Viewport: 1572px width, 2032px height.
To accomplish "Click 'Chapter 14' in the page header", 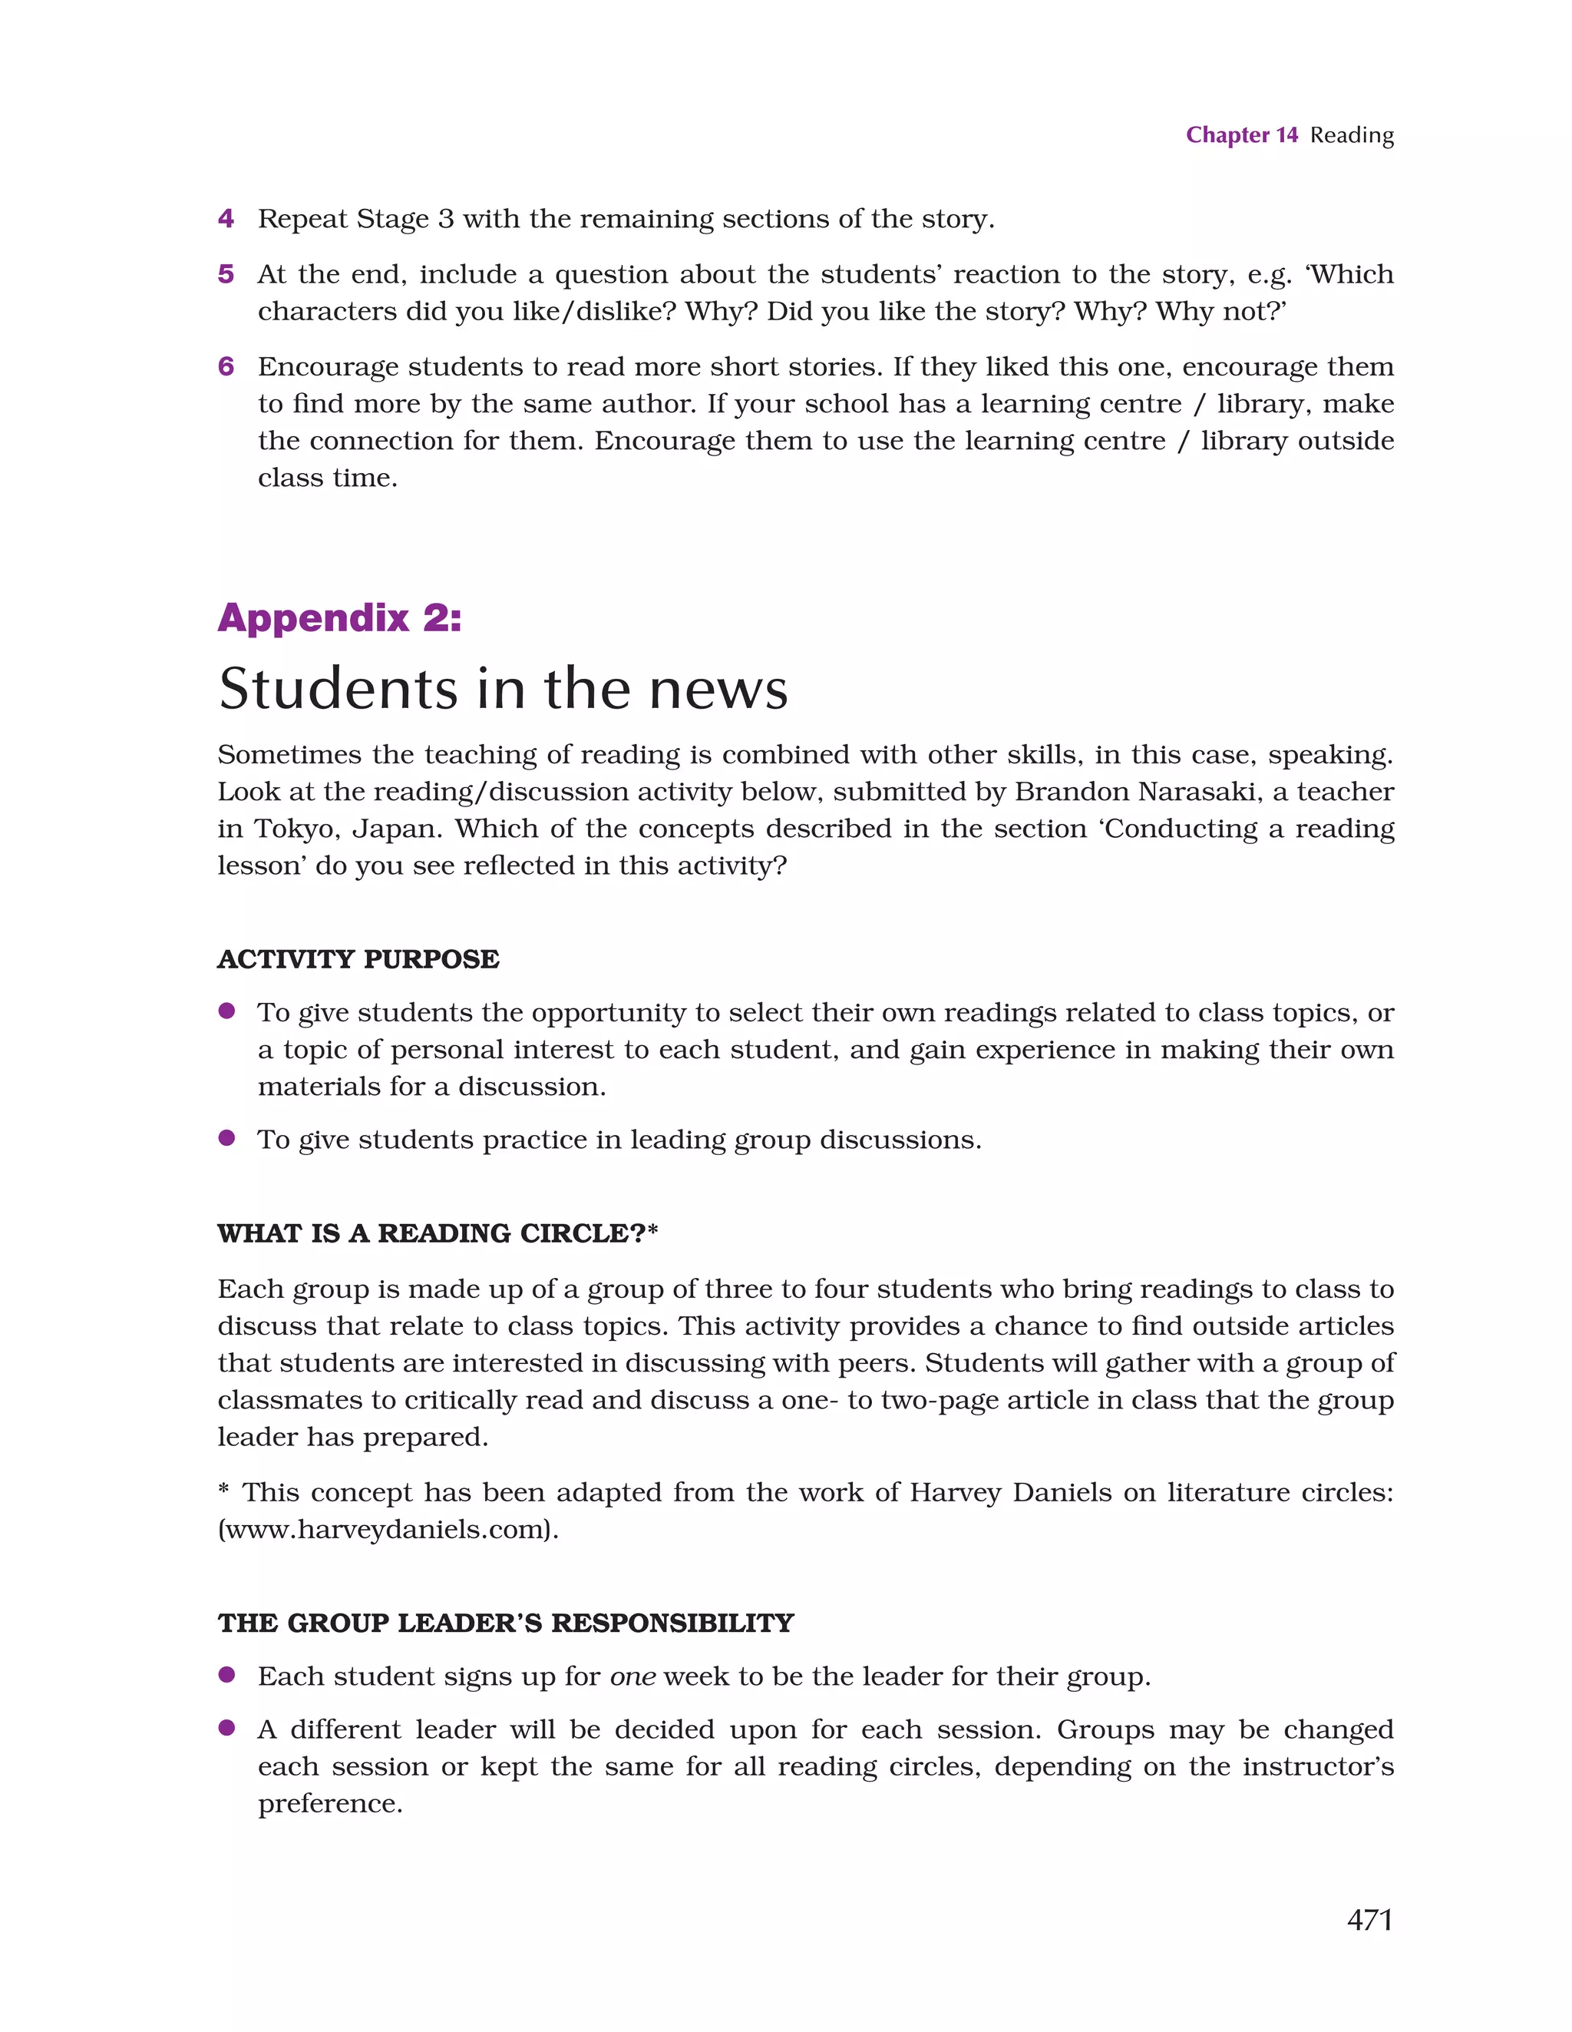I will [x=1241, y=136].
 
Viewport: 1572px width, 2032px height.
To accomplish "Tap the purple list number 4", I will [x=226, y=219].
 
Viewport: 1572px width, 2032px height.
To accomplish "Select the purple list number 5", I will [x=226, y=274].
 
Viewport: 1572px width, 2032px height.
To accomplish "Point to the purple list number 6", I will [x=226, y=366].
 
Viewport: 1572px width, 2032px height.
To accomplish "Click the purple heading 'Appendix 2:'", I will [x=339, y=617].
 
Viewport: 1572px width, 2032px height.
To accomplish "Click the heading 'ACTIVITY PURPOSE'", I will [x=358, y=959].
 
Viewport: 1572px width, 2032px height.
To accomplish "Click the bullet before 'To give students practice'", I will [x=226, y=1138].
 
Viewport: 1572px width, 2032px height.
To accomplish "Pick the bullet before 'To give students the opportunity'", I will [x=226, y=1011].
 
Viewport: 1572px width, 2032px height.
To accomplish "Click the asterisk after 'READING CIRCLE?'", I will [x=653, y=1230].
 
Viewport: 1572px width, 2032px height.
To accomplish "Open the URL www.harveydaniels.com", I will [x=388, y=1530].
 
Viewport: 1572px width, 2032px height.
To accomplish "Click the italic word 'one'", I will [x=632, y=1676].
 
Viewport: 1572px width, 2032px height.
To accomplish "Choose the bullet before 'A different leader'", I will [x=226, y=1728].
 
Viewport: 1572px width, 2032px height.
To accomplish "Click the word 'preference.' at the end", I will [x=330, y=1804].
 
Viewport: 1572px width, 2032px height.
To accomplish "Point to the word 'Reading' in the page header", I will [x=1352, y=136].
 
